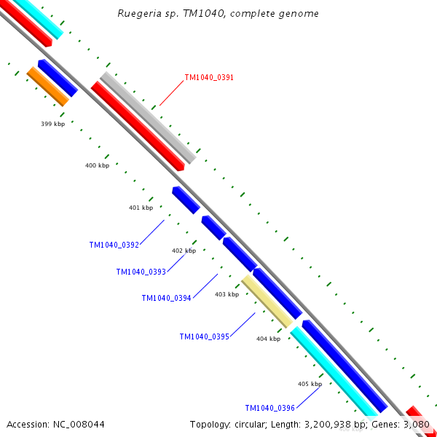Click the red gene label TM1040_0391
209,77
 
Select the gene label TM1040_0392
114,245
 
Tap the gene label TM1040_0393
141,272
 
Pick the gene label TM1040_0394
166,298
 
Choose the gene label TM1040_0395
204,336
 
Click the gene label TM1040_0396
269,409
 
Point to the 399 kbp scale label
52,125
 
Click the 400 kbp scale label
97,166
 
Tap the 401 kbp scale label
141,208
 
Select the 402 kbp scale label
184,251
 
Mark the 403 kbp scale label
227,295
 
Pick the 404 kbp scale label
268,339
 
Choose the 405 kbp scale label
310,384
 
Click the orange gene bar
47,86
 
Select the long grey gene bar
148,117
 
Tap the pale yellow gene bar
267,301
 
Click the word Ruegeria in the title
136,14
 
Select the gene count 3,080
417,424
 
